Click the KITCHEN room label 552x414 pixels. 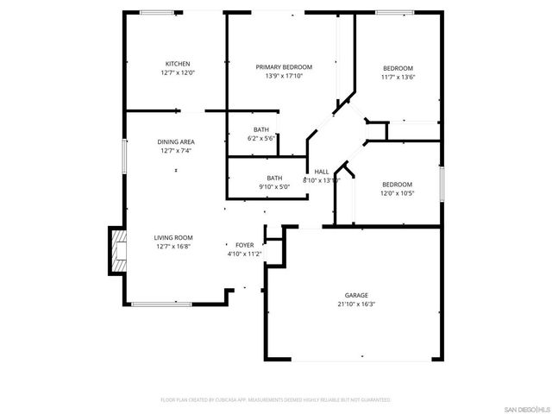178,64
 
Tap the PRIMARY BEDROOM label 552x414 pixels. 284,66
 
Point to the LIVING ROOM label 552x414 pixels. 173,237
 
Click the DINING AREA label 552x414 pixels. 175,141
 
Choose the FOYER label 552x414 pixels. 244,245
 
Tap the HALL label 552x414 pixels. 321,172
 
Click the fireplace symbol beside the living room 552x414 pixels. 116,251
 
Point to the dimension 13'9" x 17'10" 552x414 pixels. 284,76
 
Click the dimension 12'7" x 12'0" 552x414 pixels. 178,73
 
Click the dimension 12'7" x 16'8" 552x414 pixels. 173,247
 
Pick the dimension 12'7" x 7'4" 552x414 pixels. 175,151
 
